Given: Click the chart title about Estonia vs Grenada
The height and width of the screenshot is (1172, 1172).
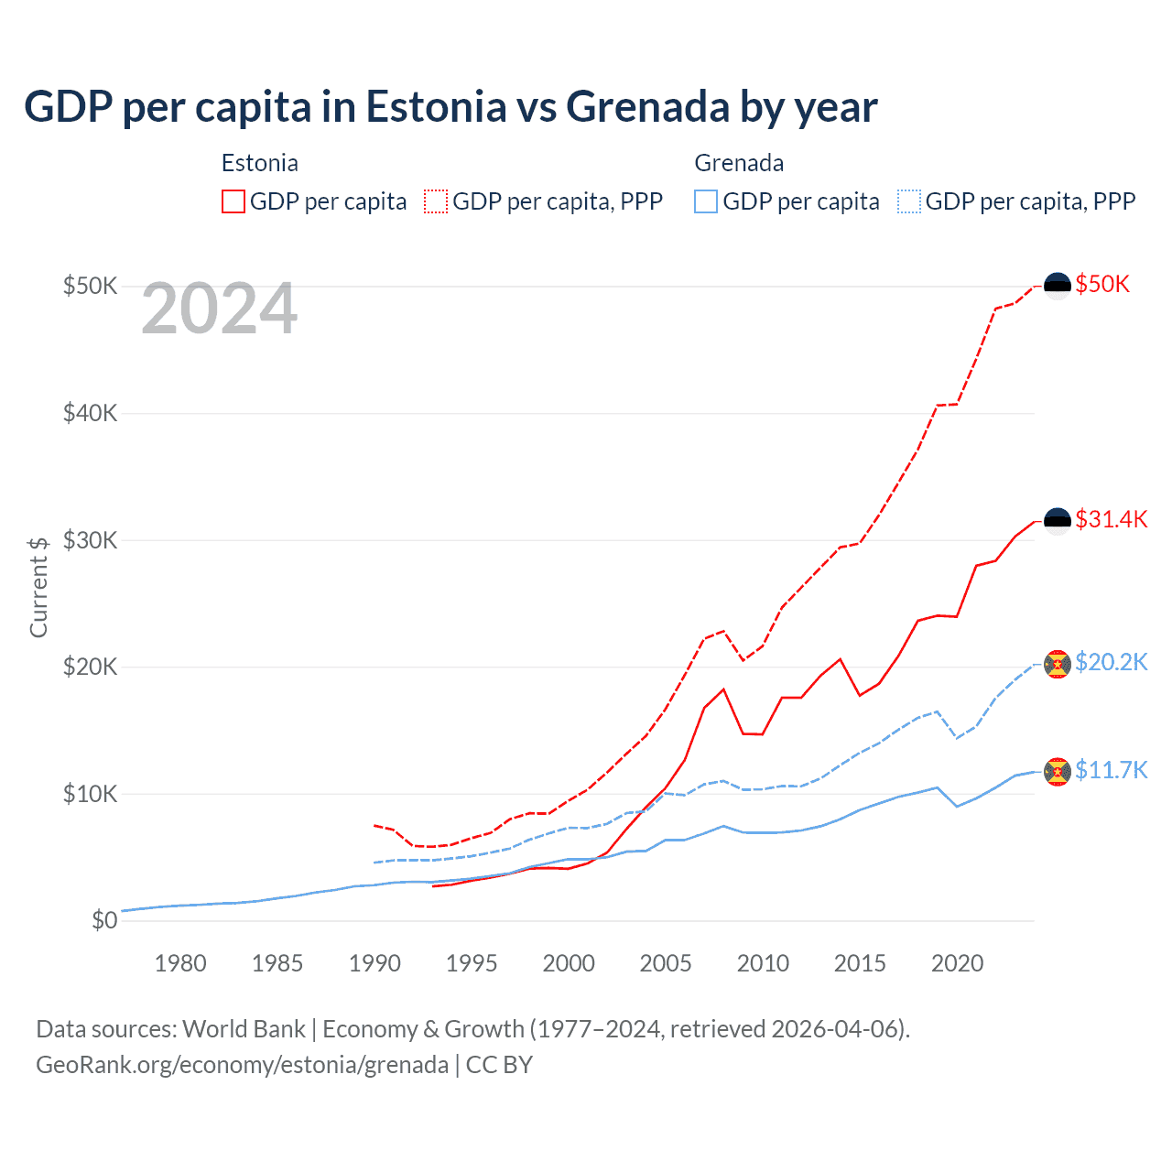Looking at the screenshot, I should point(450,107).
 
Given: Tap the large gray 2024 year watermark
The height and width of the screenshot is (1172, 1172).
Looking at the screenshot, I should point(220,309).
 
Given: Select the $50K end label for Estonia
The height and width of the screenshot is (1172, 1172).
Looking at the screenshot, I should point(1102,284).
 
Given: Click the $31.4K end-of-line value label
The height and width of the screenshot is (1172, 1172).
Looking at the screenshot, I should point(1111,519).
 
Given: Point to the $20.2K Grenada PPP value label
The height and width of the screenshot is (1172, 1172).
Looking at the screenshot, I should point(1111,662).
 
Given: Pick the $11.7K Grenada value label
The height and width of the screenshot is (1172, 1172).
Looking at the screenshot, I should point(1111,770).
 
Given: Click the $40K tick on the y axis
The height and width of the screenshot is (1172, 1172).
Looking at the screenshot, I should point(91,413).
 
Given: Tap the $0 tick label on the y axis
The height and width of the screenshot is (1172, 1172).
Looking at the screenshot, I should point(104,920).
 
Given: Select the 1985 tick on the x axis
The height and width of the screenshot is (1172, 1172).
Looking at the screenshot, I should point(277,963).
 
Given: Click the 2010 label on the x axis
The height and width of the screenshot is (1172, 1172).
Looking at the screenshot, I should point(763,963).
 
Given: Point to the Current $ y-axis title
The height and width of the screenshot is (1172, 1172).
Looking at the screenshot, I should point(38,587).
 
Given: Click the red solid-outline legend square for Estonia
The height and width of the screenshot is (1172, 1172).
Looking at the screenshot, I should point(233,201).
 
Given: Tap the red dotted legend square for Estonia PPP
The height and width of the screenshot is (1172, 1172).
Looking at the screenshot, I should point(436,201).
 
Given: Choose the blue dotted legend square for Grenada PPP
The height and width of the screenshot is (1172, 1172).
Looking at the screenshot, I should point(909,201).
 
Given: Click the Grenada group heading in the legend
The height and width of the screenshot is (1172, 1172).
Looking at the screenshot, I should point(739,163).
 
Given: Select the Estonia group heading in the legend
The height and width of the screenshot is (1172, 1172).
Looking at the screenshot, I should point(260,163).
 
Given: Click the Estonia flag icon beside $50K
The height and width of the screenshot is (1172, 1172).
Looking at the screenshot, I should point(1058,286).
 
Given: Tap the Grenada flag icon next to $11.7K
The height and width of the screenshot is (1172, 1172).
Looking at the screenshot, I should point(1058,771).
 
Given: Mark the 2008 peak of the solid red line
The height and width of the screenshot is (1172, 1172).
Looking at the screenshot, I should point(723,689).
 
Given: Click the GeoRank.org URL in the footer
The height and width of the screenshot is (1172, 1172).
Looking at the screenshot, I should point(242,1065).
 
